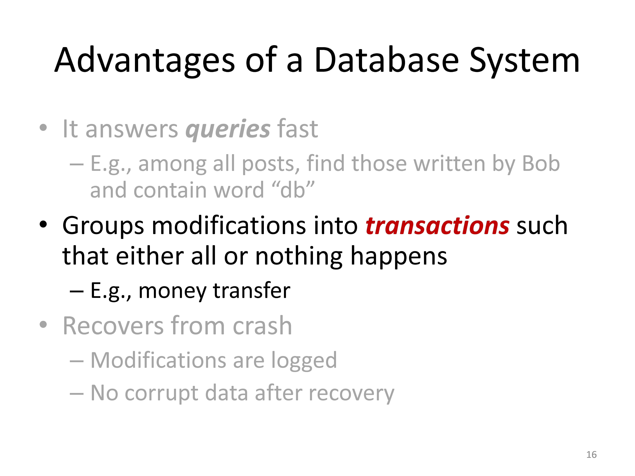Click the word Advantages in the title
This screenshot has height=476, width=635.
tap(145, 61)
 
